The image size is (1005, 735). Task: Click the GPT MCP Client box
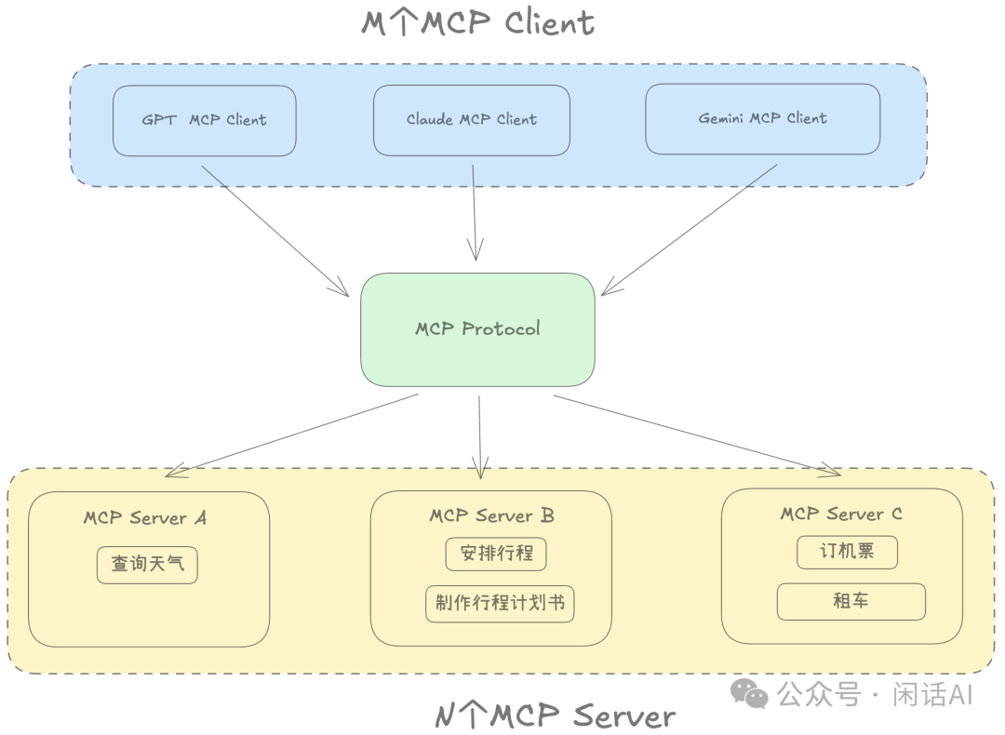tap(204, 120)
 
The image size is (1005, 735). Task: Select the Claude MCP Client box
tap(471, 120)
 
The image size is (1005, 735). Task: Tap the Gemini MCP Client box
tap(762, 119)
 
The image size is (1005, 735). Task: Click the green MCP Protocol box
tap(477, 329)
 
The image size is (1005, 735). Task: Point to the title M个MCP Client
tap(477, 22)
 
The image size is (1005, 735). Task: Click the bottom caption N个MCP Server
tap(555, 715)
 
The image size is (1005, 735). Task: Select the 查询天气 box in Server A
tap(147, 565)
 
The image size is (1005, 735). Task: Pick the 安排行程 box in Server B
tap(496, 554)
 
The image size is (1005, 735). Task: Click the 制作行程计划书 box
tap(500, 603)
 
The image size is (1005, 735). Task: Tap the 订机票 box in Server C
tap(847, 552)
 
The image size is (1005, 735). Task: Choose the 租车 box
tap(851, 601)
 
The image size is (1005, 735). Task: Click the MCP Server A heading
tap(144, 518)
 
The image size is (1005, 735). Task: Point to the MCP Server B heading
tap(491, 515)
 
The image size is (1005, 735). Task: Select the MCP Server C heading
tap(840, 514)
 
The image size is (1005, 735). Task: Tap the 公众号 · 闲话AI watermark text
tap(874, 693)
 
